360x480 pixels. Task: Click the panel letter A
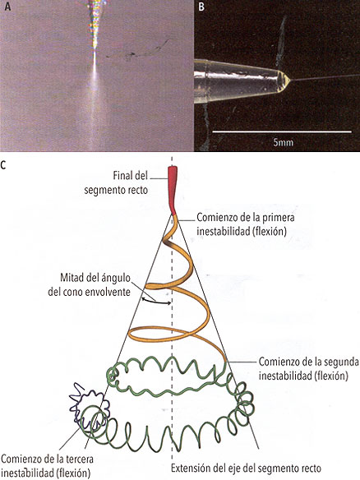coord(7,6)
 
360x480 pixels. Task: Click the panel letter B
coord(201,7)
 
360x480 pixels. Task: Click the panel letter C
coord(3,165)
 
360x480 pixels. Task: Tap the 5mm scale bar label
coord(283,142)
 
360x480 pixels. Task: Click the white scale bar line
coord(282,132)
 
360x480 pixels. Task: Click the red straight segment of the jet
coord(173,190)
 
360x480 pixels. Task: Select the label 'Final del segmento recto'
coord(116,182)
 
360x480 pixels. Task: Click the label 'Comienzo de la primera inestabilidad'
coord(246,224)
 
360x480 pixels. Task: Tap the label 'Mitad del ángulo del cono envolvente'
coord(90,284)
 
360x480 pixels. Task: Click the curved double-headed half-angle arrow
coord(156,302)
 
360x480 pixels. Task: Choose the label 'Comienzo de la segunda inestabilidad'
coord(308,368)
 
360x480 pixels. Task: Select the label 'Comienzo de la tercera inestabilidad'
coord(47,465)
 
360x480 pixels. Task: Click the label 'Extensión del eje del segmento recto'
coord(246,468)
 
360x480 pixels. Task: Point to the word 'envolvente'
coord(108,292)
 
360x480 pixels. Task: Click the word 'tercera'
coord(79,459)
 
